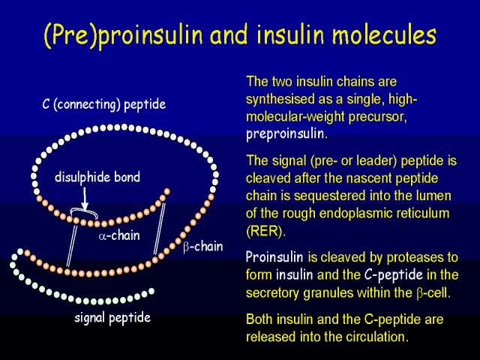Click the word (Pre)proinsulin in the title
[x=124, y=35]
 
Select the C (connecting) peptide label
[x=104, y=104]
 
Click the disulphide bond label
[x=97, y=177]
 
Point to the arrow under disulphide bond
[x=85, y=199]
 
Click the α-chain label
[x=119, y=235]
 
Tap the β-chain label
[x=203, y=247]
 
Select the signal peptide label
[x=112, y=318]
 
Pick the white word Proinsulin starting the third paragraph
[x=274, y=256]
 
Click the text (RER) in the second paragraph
[x=265, y=231]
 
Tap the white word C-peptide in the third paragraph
[x=394, y=274]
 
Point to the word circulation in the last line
[x=377, y=337]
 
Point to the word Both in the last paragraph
[x=260, y=319]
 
